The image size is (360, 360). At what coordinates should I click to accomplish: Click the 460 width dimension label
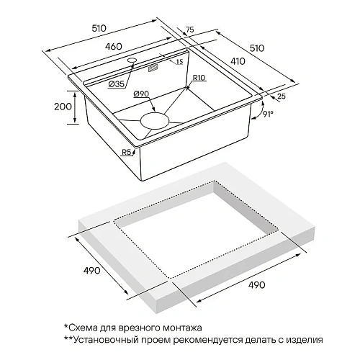pyautogui.click(x=113, y=46)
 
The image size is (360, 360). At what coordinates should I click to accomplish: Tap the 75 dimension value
pyautogui.click(x=189, y=30)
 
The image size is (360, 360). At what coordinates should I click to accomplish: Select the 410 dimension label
pyautogui.click(x=238, y=61)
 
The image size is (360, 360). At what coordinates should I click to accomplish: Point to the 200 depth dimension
pyautogui.click(x=63, y=106)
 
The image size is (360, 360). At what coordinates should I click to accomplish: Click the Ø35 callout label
pyautogui.click(x=117, y=84)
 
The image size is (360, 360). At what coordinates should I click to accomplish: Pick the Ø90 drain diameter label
pyautogui.click(x=142, y=94)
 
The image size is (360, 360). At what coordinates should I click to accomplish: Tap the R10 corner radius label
pyautogui.click(x=199, y=78)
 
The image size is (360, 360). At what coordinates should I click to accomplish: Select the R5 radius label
pyautogui.click(x=126, y=152)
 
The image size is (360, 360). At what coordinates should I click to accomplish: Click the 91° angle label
pyautogui.click(x=268, y=114)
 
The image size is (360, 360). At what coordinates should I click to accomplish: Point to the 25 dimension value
pyautogui.click(x=282, y=96)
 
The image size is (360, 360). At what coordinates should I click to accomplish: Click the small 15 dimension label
pyautogui.click(x=179, y=62)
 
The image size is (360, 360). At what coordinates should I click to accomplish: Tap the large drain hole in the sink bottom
pyautogui.click(x=155, y=120)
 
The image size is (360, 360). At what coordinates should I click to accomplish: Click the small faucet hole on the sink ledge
pyautogui.click(x=132, y=60)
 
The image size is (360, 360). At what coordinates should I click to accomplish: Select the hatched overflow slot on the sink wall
pyautogui.click(x=153, y=68)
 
